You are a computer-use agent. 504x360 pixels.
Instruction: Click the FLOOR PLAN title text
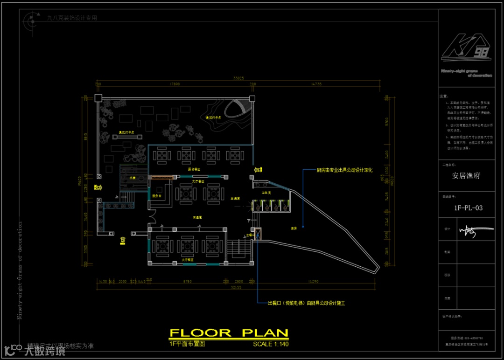229,333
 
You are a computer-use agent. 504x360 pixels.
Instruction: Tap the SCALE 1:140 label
271,344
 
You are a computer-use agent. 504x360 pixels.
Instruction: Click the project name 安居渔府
466,176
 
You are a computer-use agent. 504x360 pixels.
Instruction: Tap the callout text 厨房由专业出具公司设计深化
344,171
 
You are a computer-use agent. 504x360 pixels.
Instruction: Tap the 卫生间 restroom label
266,192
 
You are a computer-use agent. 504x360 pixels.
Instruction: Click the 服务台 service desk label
156,196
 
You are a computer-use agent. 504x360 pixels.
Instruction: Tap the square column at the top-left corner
98,98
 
